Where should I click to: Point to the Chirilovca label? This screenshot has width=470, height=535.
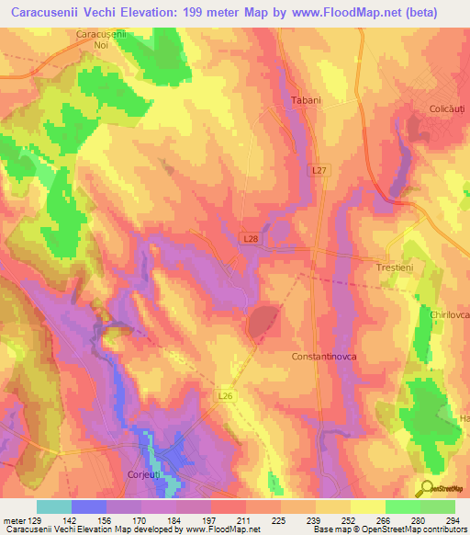click(449, 314)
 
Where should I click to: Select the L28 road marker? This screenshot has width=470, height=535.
click(252, 238)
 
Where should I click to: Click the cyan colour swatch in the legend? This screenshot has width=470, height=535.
click(54, 507)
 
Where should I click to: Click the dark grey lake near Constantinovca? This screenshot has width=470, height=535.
click(263, 322)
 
